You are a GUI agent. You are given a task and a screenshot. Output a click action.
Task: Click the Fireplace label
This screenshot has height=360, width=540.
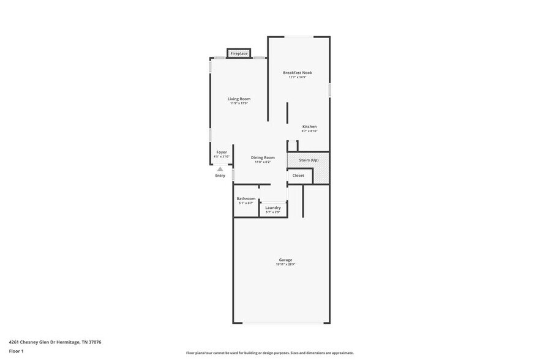239,54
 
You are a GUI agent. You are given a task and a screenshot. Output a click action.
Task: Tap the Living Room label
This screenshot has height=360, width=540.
239,99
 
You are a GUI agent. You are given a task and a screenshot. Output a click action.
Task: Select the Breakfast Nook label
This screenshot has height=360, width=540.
297,73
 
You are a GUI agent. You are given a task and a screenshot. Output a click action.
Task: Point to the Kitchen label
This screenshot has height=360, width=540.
309,127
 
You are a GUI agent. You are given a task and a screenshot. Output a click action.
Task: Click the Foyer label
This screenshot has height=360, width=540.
222,152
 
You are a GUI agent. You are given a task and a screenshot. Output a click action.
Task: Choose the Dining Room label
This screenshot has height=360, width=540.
263,157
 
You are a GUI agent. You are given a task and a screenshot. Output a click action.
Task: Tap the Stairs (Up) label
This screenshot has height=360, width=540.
309,160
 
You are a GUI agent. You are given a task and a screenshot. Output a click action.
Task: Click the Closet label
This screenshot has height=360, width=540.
298,176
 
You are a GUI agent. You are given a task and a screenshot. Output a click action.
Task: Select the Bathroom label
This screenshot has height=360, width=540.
246,198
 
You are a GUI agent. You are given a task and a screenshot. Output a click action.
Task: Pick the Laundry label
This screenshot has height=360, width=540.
273,208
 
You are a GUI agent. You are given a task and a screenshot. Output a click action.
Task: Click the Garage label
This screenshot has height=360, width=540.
285,260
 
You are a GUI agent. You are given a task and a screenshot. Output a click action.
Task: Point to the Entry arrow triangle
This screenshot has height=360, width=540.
220,169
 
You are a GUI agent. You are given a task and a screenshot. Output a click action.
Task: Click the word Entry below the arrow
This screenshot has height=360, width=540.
220,176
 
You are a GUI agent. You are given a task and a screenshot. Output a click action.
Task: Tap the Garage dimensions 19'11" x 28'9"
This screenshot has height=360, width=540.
285,264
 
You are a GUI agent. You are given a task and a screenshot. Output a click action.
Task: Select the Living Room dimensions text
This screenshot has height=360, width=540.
239,103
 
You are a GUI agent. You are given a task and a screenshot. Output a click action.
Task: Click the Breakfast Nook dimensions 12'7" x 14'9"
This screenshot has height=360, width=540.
297,77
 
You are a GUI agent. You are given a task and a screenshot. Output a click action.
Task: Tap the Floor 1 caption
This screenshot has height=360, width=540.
16,351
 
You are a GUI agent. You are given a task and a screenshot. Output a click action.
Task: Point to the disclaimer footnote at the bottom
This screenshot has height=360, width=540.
269,353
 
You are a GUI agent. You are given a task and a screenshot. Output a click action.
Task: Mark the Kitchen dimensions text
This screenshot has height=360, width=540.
309,131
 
